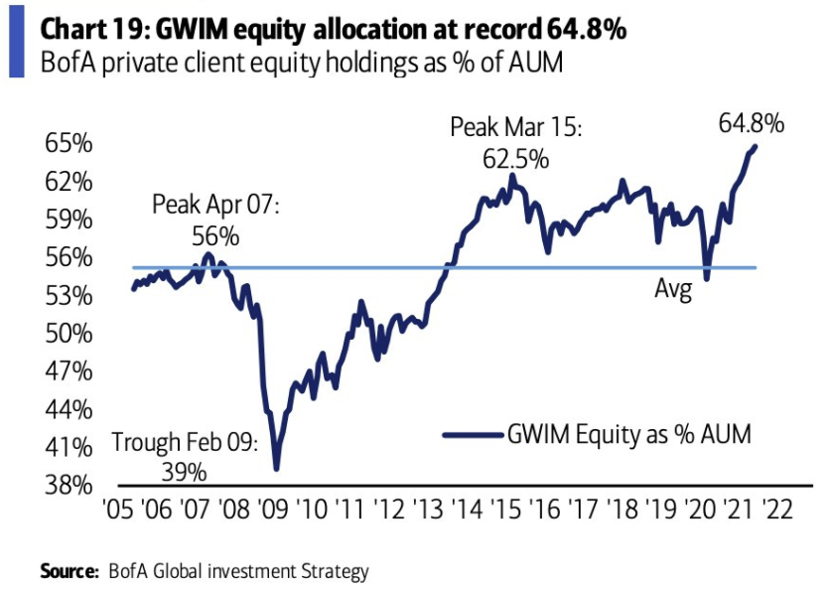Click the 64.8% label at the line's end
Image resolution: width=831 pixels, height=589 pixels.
coord(752,124)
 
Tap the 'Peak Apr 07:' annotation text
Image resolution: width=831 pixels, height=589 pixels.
coord(216,206)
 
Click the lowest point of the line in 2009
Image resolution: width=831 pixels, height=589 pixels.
coord(275,468)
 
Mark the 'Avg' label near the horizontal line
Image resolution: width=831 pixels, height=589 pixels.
coord(672,290)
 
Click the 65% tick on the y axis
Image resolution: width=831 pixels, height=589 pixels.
coord(69,143)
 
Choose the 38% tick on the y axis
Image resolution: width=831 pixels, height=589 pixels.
coord(69,486)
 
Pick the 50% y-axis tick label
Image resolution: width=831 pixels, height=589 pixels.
coord(69,334)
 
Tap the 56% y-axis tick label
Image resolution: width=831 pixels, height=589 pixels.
coord(69,257)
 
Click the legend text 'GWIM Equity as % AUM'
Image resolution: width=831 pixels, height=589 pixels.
coord(628,434)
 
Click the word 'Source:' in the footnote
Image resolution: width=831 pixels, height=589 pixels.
coord(69,571)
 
